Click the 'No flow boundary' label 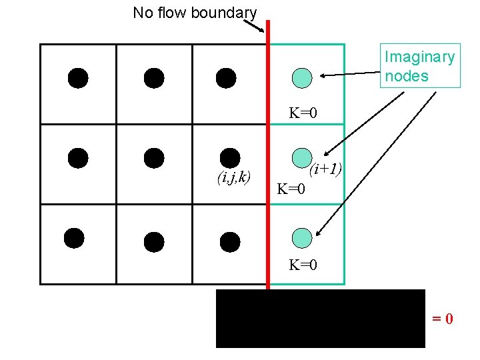coord(195,12)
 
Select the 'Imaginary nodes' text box coord(419,67)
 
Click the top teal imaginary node coord(303,77)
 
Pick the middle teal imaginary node coord(303,157)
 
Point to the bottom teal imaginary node coord(303,237)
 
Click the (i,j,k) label coord(233,177)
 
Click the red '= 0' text coord(442,319)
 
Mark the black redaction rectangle coord(320,319)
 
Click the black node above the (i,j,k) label coord(229,157)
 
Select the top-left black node coord(78,78)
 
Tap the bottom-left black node coord(74,238)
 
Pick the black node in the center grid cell coord(154,157)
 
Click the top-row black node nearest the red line coord(226,78)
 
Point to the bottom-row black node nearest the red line coord(229,241)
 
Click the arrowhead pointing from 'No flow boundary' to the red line coord(263,30)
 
